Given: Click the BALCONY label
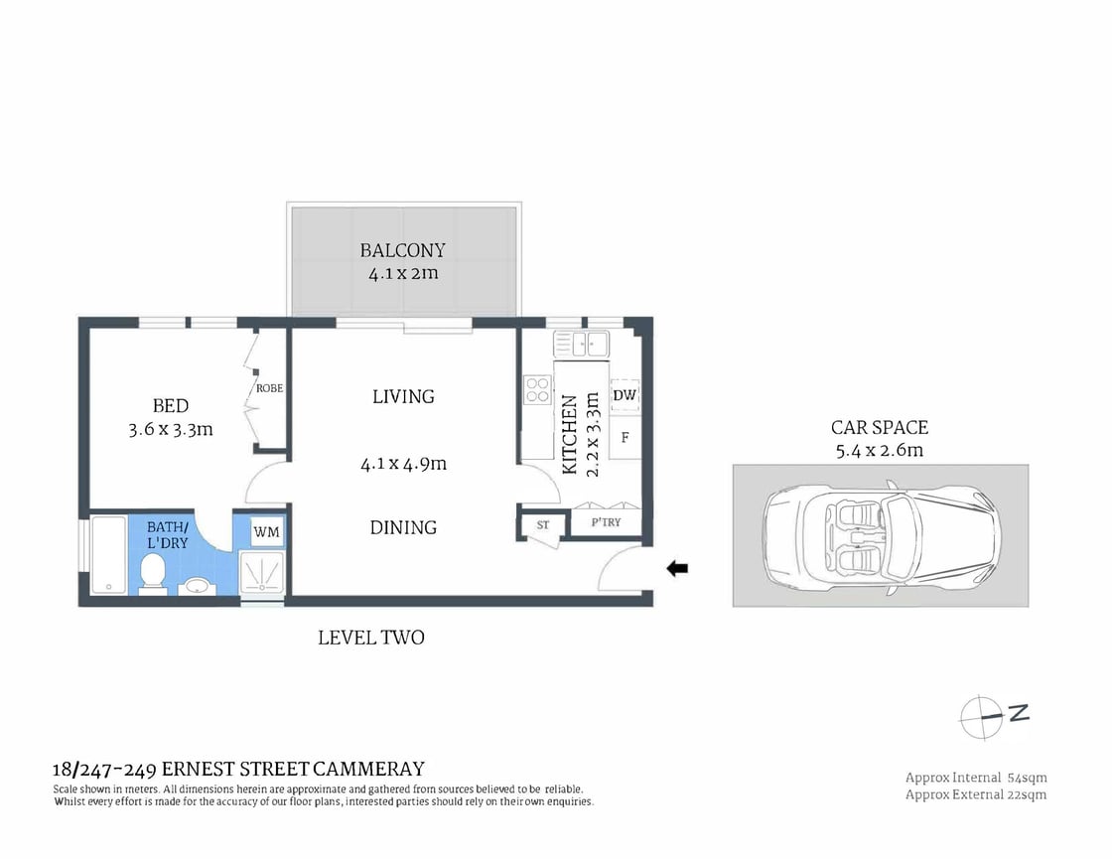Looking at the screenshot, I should click(402, 250).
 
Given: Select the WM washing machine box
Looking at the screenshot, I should click(266, 532).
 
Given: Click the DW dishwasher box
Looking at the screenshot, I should click(625, 395).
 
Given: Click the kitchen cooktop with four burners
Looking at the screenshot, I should click(536, 389).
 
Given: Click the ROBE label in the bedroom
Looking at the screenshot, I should click(270, 388).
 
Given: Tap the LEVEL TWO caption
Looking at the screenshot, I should click(370, 638).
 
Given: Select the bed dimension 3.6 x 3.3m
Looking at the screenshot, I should click(170, 430).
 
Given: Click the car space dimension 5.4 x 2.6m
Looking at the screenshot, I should click(879, 450).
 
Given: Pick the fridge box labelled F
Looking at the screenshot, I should click(625, 437).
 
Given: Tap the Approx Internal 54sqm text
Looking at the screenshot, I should click(975, 777).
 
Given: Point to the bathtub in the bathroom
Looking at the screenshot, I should click(106, 555).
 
